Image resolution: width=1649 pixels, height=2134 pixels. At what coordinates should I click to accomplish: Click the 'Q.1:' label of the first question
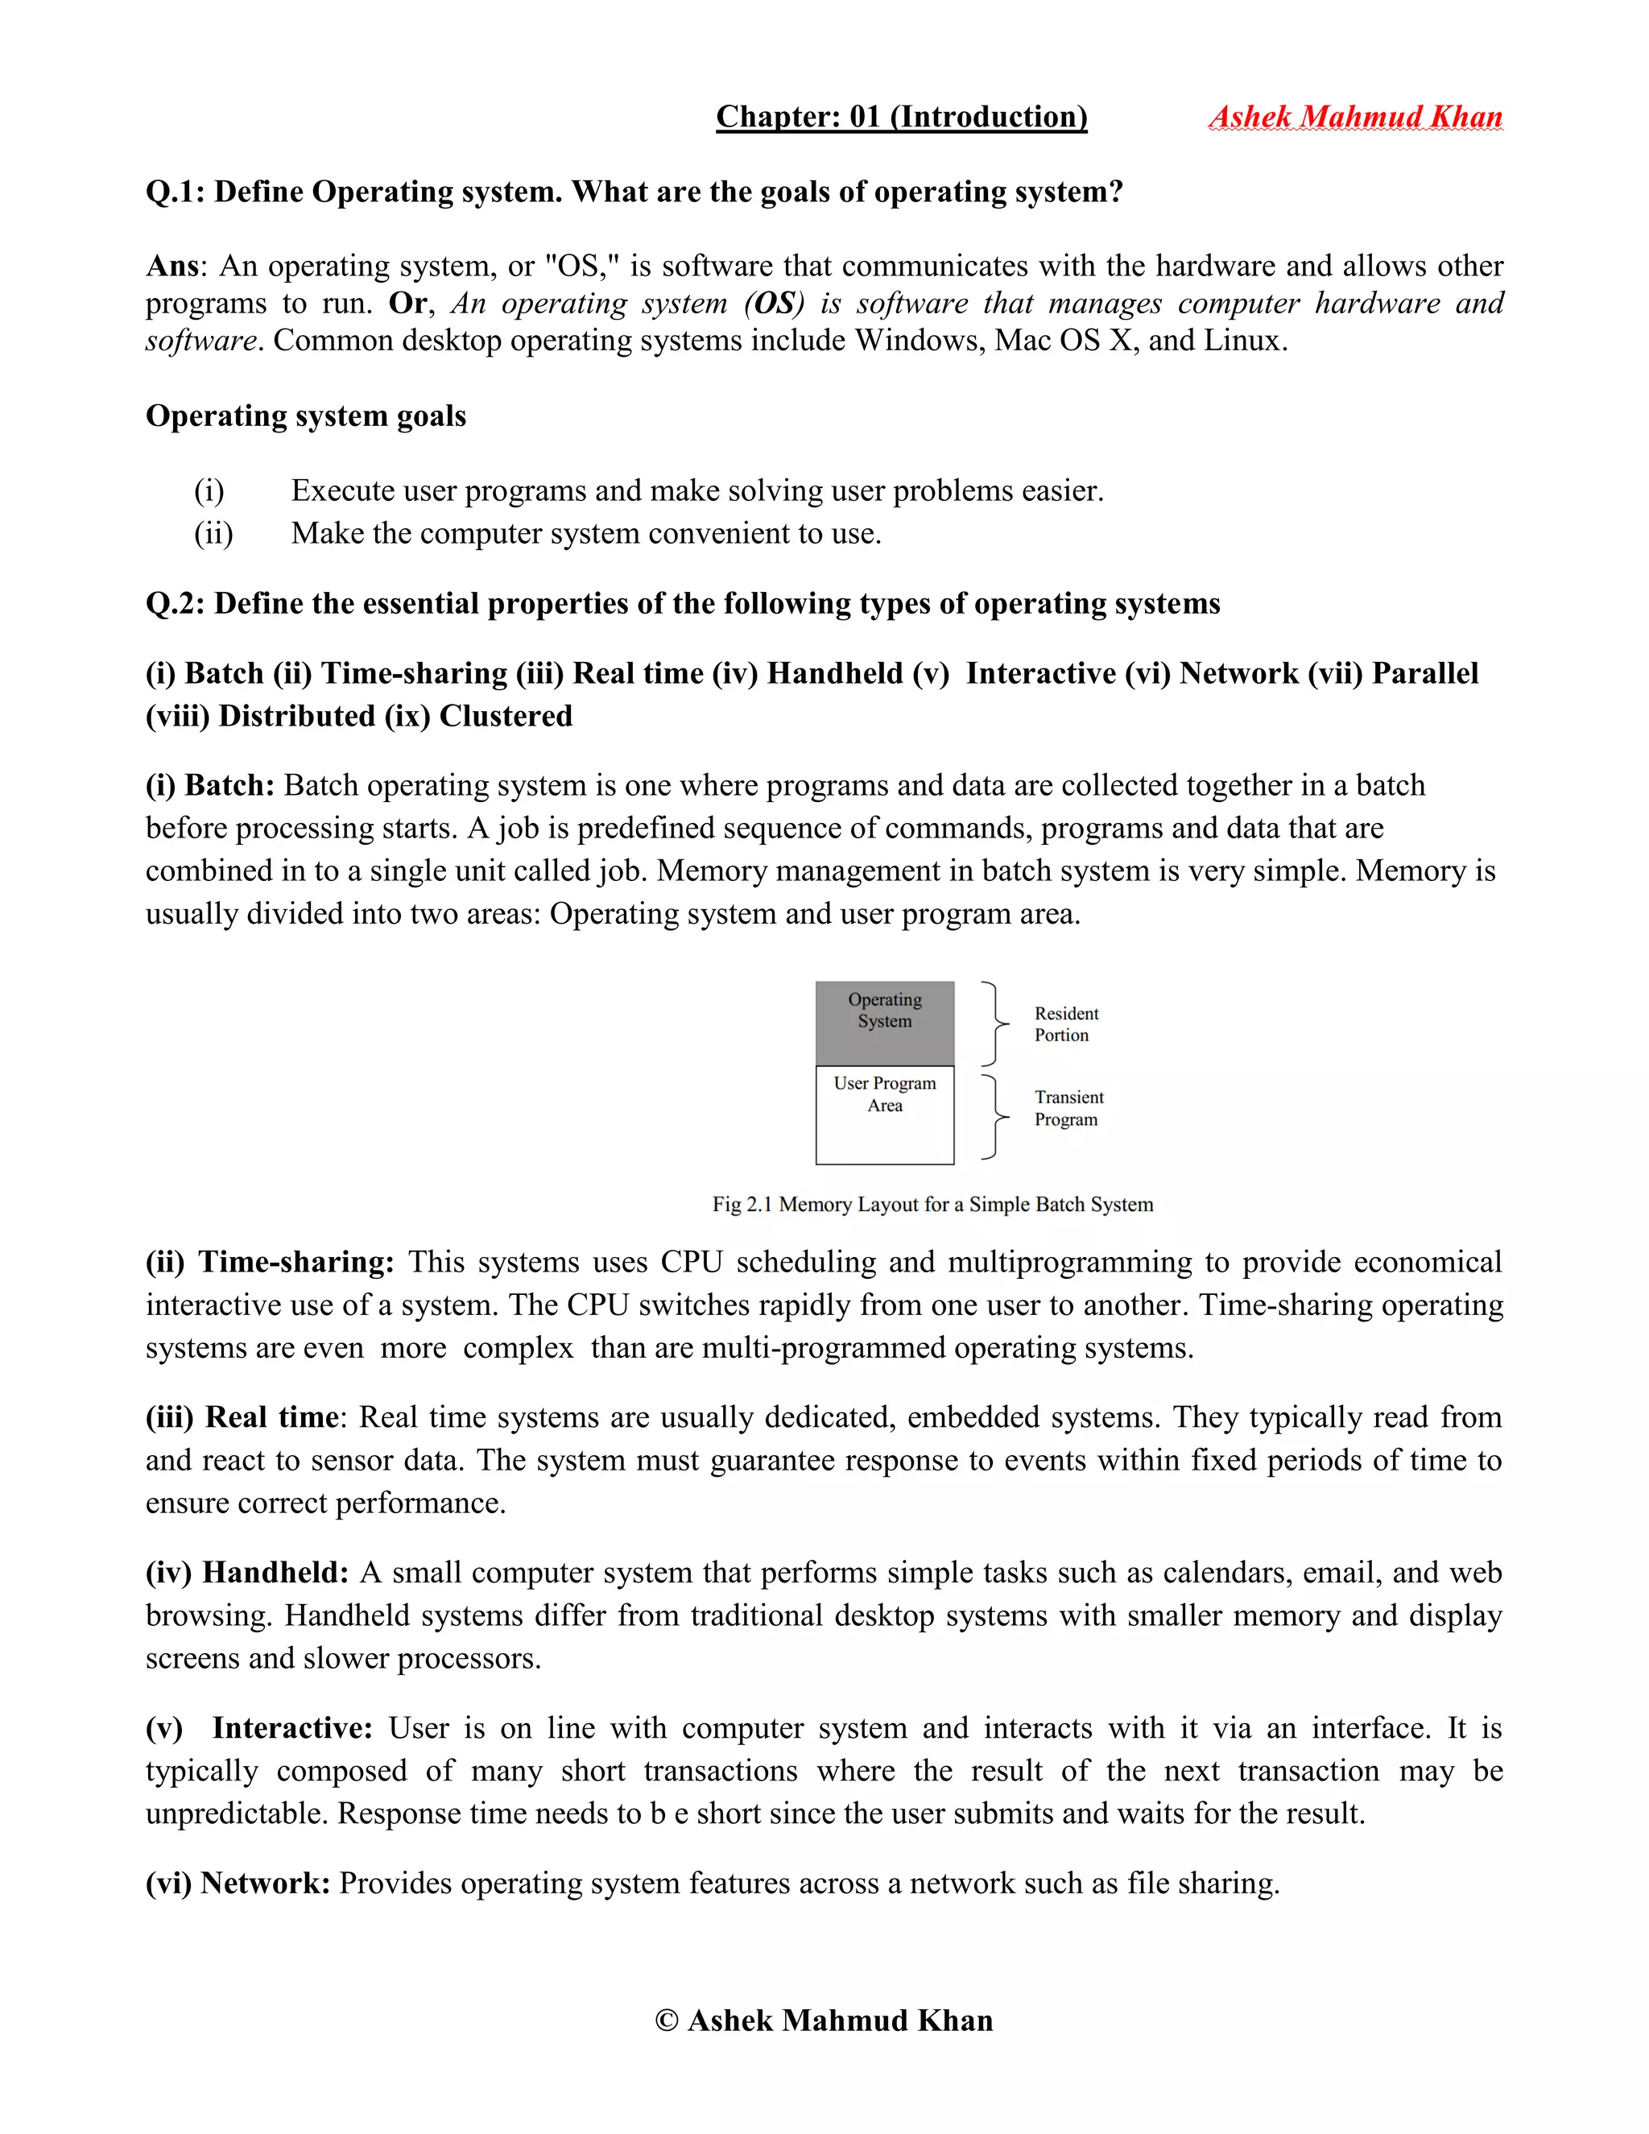point(175,192)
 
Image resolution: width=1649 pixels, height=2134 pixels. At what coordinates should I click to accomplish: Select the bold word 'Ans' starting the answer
point(172,267)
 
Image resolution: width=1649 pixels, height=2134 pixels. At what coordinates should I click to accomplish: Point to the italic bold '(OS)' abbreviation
point(774,304)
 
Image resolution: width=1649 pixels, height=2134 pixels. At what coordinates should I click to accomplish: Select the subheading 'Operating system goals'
point(306,416)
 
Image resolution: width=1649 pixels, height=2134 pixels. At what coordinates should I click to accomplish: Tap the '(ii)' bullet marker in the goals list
point(213,533)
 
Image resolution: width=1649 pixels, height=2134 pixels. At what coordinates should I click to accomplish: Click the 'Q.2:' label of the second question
point(175,604)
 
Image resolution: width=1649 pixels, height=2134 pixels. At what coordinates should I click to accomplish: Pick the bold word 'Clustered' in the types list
point(505,716)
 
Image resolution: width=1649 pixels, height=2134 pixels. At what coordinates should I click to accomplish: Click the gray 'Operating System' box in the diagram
point(884,1023)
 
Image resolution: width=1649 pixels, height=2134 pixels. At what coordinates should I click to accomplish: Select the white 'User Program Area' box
point(884,1115)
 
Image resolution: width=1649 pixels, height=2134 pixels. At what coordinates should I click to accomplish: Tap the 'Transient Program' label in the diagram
point(1068,1108)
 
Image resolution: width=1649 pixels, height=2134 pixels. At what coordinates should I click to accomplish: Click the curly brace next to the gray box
point(994,1023)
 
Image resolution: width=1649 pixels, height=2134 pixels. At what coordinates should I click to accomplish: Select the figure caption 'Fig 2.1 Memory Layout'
point(932,1205)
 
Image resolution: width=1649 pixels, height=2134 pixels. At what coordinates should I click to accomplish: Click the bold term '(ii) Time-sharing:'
point(270,1263)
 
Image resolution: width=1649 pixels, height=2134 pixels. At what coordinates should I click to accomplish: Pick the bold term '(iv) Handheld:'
point(247,1574)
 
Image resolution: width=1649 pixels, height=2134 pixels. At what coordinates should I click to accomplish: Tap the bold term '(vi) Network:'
point(238,1884)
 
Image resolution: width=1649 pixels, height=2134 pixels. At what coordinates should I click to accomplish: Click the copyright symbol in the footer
point(666,2020)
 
